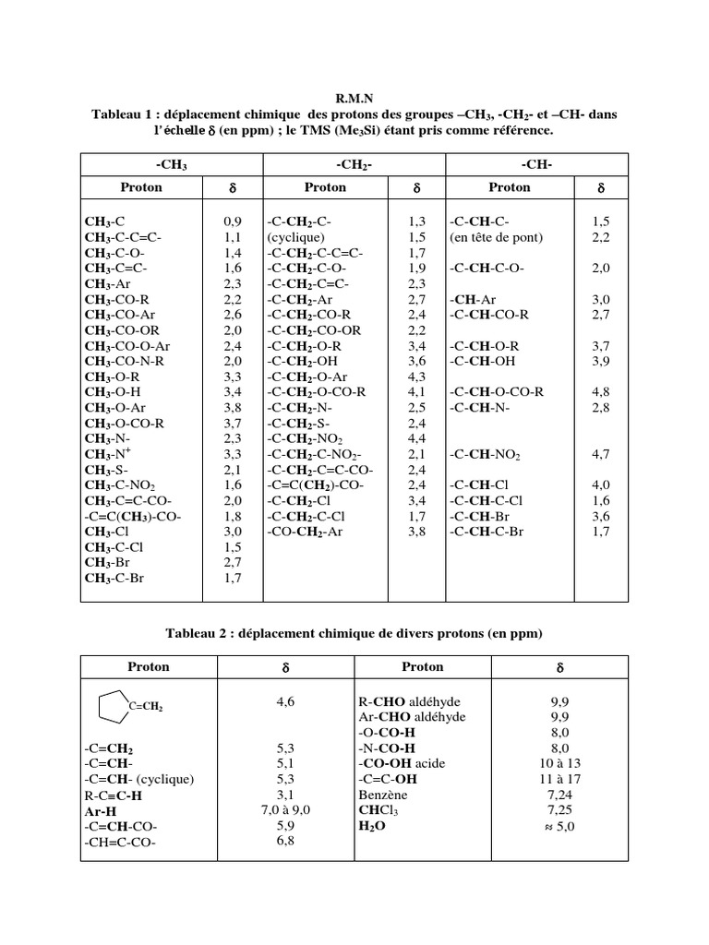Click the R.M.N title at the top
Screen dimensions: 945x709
pyautogui.click(x=354, y=97)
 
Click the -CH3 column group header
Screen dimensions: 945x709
pyautogui.click(x=173, y=164)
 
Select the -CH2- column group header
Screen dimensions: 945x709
pyautogui.click(x=354, y=164)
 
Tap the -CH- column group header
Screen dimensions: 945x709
pyautogui.click(x=537, y=164)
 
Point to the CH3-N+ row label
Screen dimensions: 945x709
pyautogui.click(x=108, y=454)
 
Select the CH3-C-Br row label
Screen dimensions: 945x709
pyautogui.click(x=116, y=579)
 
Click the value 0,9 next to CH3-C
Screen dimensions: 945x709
pyautogui.click(x=233, y=222)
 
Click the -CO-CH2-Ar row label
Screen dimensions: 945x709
pyautogui.click(x=311, y=532)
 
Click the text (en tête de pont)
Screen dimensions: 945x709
pyautogui.click(x=496, y=237)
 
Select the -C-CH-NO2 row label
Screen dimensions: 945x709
pyautogui.click(x=486, y=455)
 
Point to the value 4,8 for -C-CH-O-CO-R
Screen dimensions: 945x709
pyautogui.click(x=600, y=392)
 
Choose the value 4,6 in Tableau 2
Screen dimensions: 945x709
pyautogui.click(x=286, y=701)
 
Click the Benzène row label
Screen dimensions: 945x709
pyautogui.click(x=383, y=794)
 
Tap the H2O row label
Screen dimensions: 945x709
pyautogui.click(x=371, y=827)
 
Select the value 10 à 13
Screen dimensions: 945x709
pyautogui.click(x=559, y=763)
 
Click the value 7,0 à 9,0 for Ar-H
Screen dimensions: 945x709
pyautogui.click(x=286, y=810)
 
